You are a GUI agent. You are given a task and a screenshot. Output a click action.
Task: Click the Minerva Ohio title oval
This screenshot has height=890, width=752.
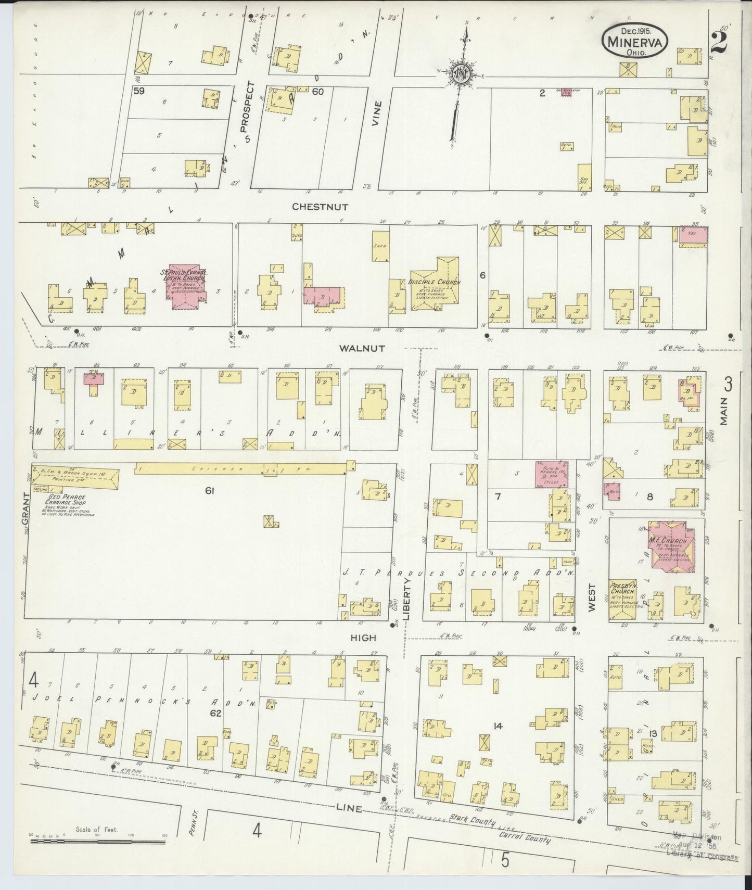[x=634, y=41]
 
